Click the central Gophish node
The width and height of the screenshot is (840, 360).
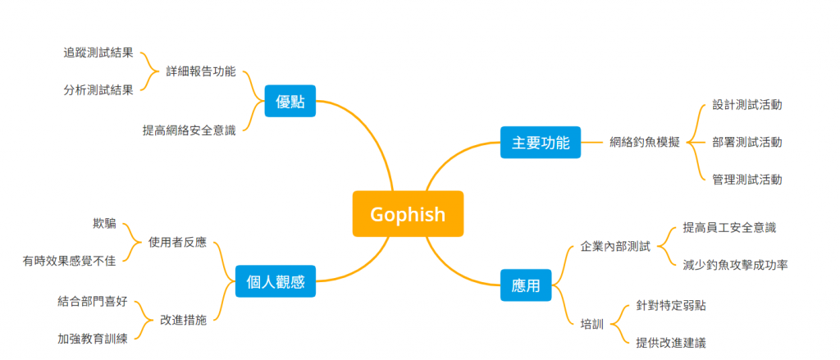pyautogui.click(x=408, y=214)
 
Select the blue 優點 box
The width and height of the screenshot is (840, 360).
pyautogui.click(x=290, y=102)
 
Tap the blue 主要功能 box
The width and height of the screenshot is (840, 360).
pyautogui.click(x=541, y=142)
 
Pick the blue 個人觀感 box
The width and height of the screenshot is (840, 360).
pyautogui.click(x=276, y=282)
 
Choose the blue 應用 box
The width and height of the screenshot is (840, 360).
pyautogui.click(x=526, y=286)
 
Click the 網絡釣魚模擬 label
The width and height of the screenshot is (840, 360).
pyautogui.click(x=645, y=142)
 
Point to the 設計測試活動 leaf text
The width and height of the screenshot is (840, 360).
pyautogui.click(x=746, y=105)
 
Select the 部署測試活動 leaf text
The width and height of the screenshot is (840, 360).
pyautogui.click(x=746, y=142)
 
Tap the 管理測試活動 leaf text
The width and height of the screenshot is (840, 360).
pyautogui.click(x=746, y=179)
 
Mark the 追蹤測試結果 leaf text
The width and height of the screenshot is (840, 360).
pyautogui.click(x=98, y=52)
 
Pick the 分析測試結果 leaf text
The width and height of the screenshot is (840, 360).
pyautogui.click(x=98, y=89)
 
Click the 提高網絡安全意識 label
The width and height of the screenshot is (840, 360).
pyautogui.click(x=189, y=130)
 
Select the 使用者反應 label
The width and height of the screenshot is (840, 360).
pyautogui.click(x=177, y=242)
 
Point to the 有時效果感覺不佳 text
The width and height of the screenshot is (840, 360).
pyautogui.click(x=70, y=261)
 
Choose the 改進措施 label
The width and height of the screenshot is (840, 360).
pyautogui.click(x=183, y=319)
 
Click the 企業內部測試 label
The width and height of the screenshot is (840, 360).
pyautogui.click(x=615, y=245)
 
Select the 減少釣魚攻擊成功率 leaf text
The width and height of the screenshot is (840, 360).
pyautogui.click(x=735, y=264)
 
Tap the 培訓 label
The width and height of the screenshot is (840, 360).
pyautogui.click(x=591, y=324)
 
